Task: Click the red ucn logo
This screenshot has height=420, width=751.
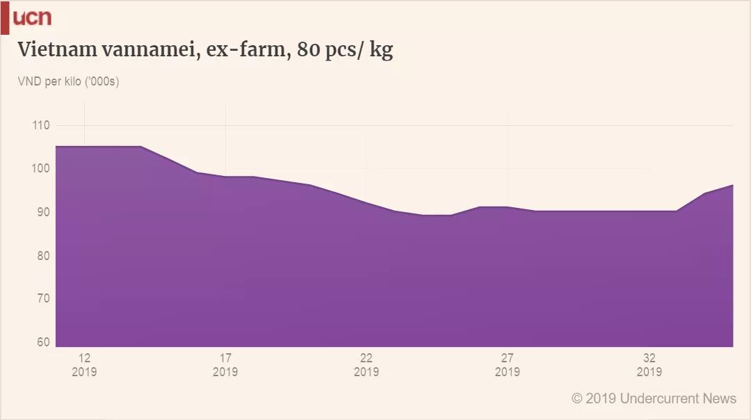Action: [x=32, y=18]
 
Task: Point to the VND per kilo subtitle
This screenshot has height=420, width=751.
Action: [x=69, y=82]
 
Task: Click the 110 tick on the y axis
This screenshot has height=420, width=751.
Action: [x=41, y=125]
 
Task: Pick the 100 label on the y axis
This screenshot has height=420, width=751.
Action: [x=41, y=168]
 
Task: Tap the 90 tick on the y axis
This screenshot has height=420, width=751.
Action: [x=43, y=212]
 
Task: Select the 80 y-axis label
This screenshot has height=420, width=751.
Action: [x=43, y=256]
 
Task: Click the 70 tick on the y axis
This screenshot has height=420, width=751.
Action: [x=43, y=299]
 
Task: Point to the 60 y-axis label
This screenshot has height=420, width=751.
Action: [x=43, y=342]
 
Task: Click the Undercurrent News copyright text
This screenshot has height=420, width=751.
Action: [x=654, y=398]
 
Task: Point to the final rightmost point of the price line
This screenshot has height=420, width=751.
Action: [x=733, y=185]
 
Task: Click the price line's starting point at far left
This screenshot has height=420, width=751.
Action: [x=56, y=147]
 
